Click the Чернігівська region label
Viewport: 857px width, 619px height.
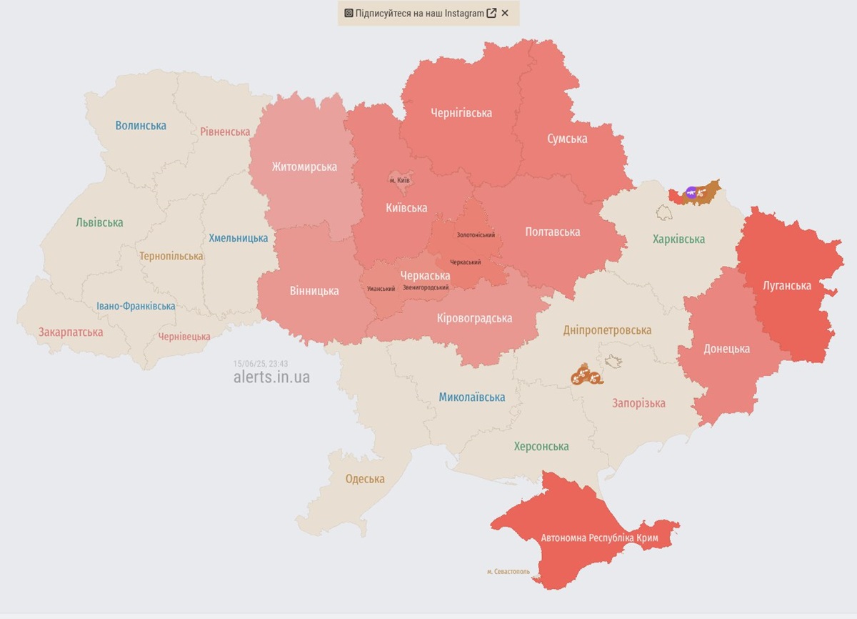(461, 113)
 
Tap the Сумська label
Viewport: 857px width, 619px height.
(567, 139)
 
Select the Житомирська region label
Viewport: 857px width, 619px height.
(304, 167)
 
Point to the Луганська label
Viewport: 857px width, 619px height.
(787, 285)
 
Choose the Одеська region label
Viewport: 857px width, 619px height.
(365, 479)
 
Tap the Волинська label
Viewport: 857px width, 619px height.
(141, 126)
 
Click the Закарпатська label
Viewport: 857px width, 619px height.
(71, 332)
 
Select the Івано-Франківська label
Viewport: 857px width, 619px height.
(136, 306)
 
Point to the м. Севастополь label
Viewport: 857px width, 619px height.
(508, 571)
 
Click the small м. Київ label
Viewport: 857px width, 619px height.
(399, 180)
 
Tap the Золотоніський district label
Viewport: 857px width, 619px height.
(476, 234)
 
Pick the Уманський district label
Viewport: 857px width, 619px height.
(381, 289)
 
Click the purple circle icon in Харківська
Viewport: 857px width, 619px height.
(691, 192)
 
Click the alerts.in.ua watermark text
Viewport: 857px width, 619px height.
(271, 377)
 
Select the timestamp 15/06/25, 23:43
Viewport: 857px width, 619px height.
(261, 363)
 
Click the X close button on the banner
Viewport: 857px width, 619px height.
(505, 13)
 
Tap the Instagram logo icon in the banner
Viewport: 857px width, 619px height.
(349, 13)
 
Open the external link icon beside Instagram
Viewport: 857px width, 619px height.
(491, 13)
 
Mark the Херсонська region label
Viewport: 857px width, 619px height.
(541, 446)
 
